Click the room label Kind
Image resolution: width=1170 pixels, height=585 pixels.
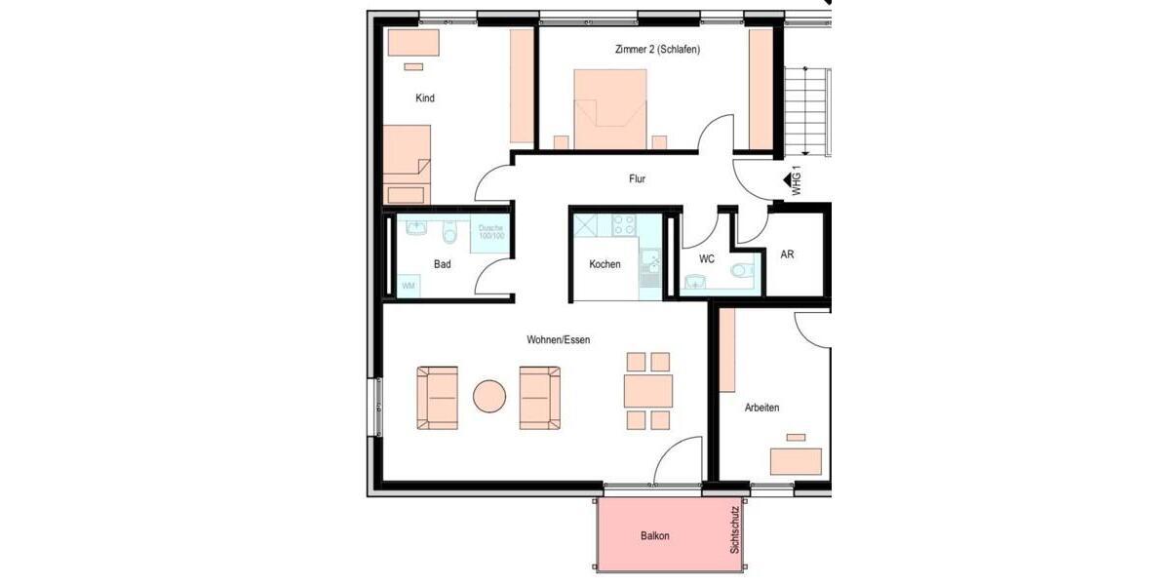coord(424,98)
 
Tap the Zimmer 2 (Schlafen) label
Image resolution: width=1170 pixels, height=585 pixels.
coord(657,50)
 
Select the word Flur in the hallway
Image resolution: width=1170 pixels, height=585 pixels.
coord(637,179)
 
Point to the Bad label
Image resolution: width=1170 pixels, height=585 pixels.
coord(442,264)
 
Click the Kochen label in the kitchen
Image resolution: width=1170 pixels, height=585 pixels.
coord(604,264)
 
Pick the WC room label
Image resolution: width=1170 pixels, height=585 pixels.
coord(707,259)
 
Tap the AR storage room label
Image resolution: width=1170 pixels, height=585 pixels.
coord(787,254)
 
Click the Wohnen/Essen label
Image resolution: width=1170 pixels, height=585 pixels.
coord(558,340)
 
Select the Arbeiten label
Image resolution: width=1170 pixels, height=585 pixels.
coord(761,408)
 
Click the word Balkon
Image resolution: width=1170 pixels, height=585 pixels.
coord(655,536)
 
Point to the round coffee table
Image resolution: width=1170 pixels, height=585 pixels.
coord(489,397)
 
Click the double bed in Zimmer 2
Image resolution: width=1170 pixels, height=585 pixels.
coord(610,108)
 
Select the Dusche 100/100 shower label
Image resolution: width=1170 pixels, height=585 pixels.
coord(491,233)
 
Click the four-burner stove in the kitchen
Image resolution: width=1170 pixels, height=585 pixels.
coord(623,226)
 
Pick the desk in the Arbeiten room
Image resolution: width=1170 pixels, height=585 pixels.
coord(796,461)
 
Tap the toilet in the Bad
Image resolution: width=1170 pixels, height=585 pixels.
coord(449,232)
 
